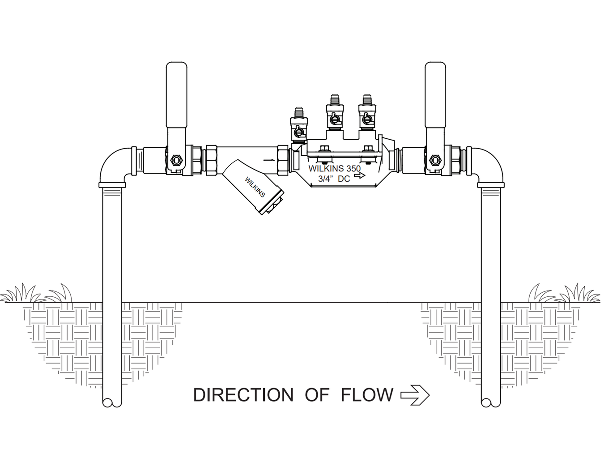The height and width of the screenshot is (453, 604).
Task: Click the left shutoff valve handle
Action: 176,95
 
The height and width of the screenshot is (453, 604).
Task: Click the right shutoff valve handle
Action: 435,95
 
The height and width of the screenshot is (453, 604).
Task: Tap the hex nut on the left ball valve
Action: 175,160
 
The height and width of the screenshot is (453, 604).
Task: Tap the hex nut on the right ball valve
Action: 434,160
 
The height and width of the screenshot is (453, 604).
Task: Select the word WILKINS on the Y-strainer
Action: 255,187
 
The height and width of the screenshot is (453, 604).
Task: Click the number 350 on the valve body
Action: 353,168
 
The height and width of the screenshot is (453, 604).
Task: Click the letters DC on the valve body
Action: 344,179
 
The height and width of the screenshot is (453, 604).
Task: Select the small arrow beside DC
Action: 359,175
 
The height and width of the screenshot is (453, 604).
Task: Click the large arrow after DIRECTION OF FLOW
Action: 415,395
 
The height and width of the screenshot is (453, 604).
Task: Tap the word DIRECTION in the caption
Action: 243,395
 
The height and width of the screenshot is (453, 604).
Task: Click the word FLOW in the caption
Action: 367,395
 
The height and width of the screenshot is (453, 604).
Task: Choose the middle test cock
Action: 335,113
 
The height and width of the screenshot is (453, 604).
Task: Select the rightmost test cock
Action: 367,113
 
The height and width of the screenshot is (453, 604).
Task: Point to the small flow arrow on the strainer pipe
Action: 269,160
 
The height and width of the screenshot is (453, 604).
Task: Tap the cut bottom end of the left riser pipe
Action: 112,402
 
